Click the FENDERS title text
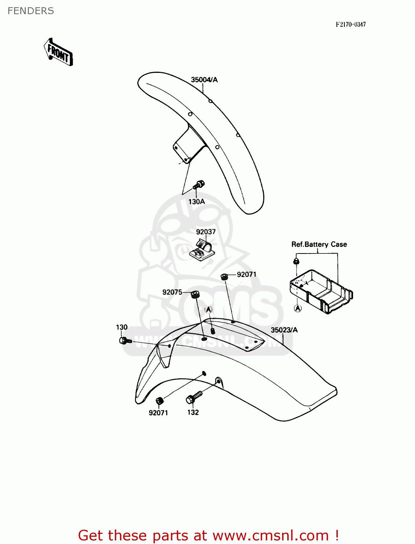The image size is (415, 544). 31,11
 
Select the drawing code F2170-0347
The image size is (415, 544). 351,24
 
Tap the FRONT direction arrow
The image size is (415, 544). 58,53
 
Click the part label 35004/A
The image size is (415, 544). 204,80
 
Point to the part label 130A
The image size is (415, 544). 197,202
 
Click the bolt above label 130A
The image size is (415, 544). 198,185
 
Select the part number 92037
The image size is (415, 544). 206,232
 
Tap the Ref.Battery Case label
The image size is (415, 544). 319,244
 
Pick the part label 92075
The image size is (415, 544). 172,292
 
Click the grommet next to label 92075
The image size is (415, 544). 196,294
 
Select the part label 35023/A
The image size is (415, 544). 284,330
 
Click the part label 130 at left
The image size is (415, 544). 122,327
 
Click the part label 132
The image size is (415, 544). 193,412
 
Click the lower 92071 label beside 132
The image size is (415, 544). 158,413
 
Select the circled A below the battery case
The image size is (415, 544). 298,308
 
